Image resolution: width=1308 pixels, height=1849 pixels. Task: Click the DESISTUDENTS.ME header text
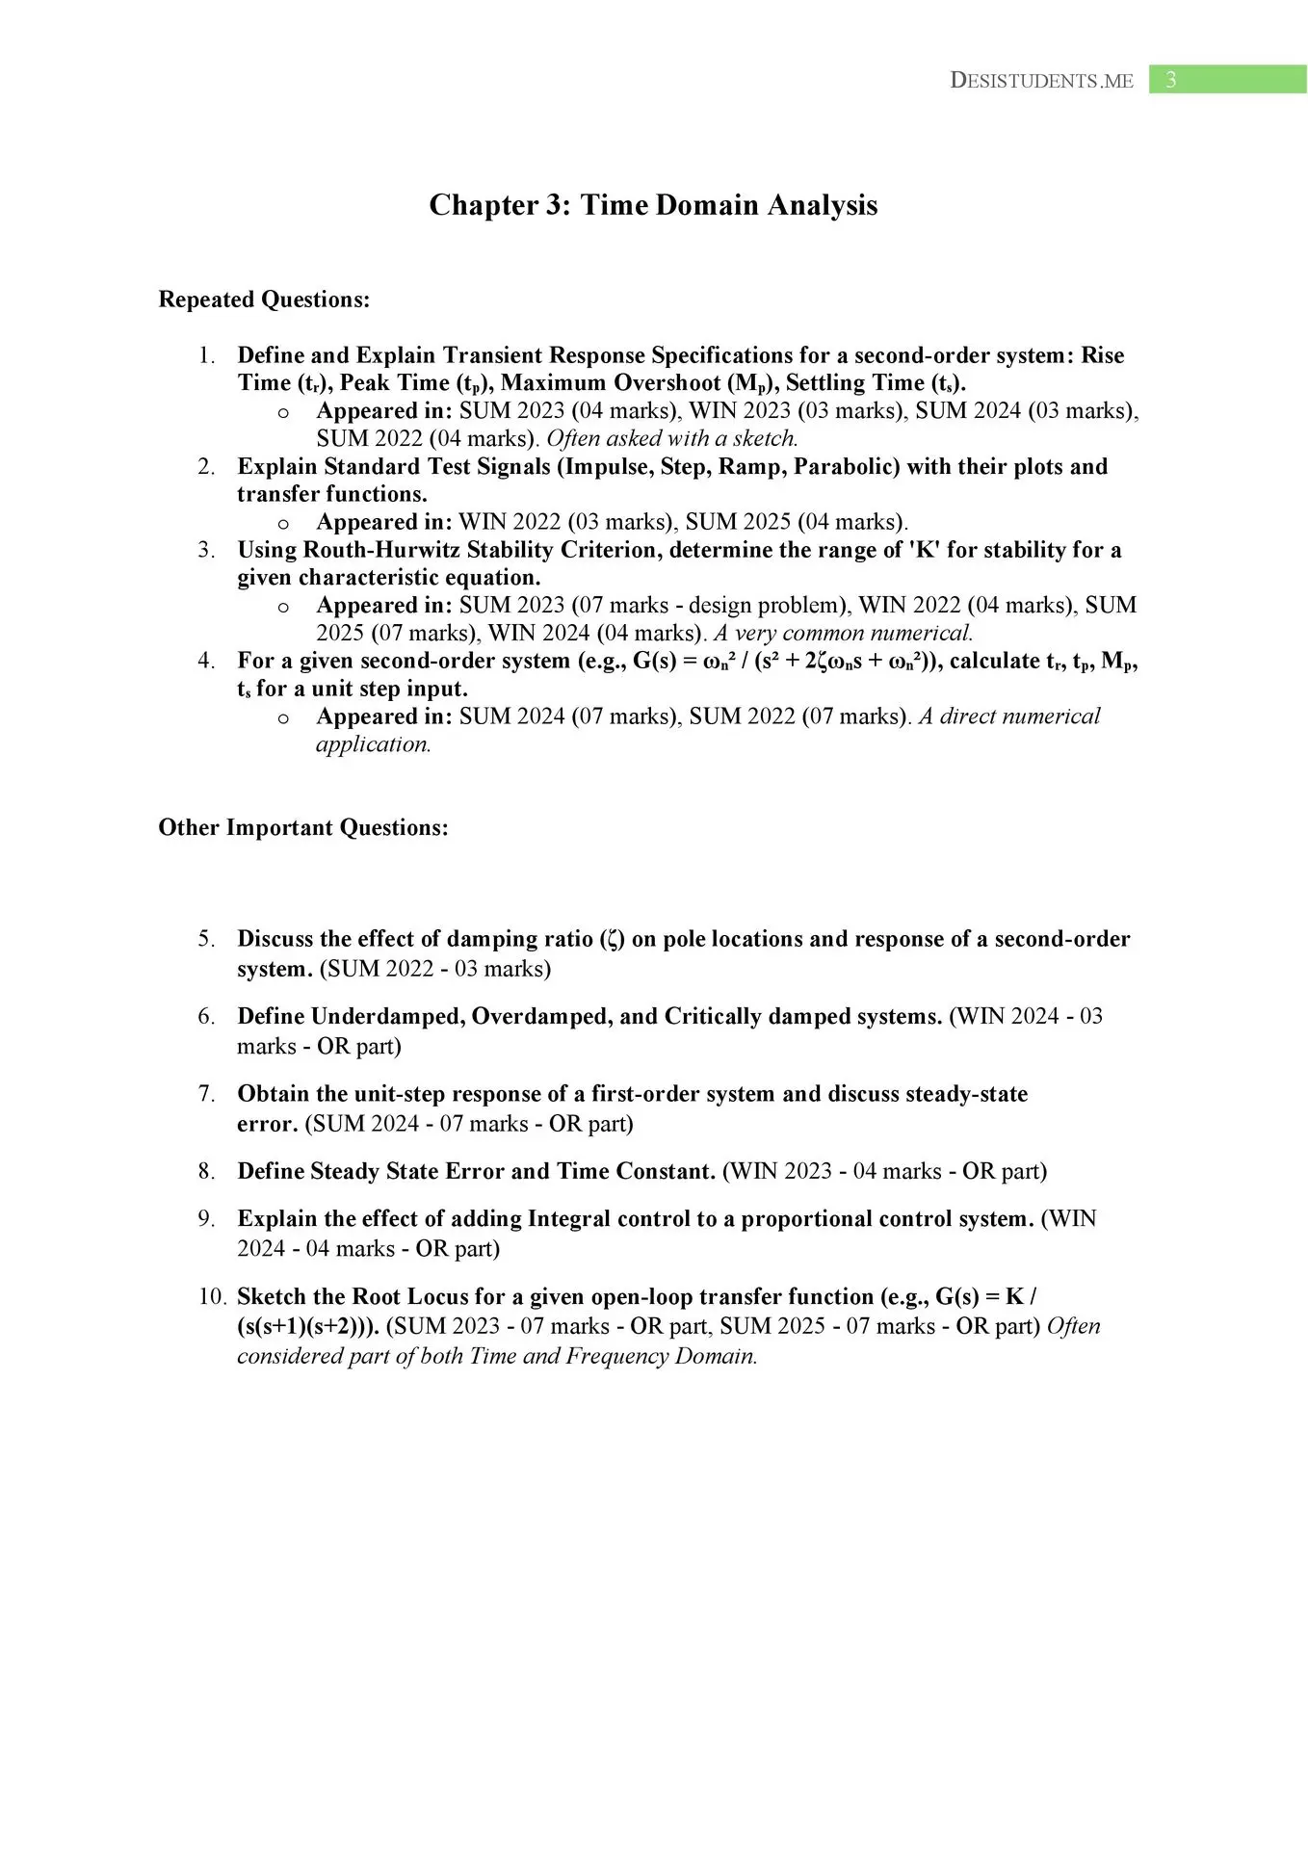point(1041,81)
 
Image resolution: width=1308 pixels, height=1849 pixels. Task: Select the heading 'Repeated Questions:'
point(264,299)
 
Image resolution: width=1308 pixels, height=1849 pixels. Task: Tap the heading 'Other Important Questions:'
point(303,828)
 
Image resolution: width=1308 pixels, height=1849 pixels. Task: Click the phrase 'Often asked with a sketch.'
point(672,438)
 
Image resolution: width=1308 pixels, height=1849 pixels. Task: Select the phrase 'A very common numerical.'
point(843,633)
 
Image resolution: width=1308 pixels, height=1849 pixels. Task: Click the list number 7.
point(206,1094)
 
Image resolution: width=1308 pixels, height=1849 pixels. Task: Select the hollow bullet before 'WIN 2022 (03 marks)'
point(283,523)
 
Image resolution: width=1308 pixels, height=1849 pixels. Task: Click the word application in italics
point(373,744)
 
